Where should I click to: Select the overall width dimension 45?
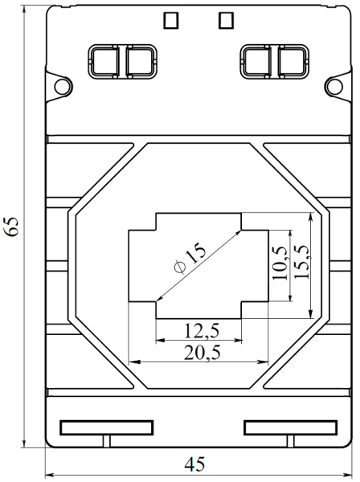(194, 465)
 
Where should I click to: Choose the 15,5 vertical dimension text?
(301, 261)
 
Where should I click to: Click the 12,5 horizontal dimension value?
(198, 330)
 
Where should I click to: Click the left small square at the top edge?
(170, 18)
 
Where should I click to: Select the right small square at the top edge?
(226, 18)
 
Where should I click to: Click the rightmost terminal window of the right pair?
(292, 62)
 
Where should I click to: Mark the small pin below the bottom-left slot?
(106, 441)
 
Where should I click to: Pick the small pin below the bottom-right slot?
(290, 441)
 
